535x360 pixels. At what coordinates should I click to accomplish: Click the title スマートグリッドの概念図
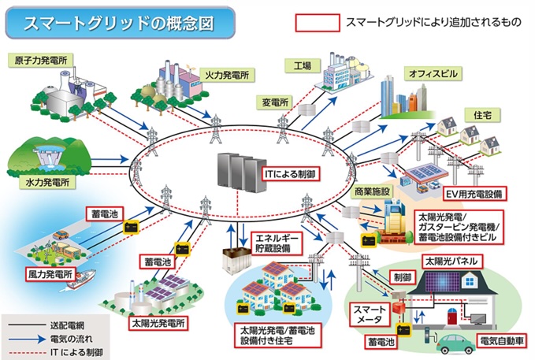coord(118,23)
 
